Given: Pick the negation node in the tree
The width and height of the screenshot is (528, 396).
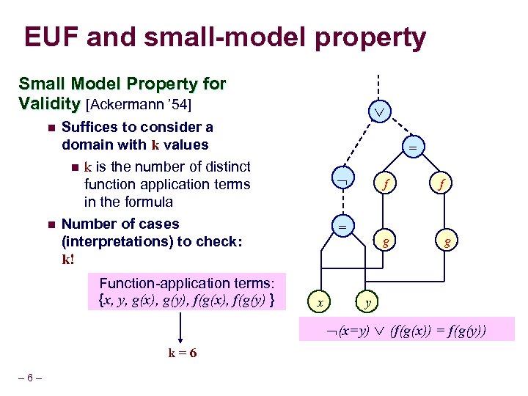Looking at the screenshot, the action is click(x=341, y=178).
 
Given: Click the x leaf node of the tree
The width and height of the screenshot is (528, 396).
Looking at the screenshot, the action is click(x=318, y=301).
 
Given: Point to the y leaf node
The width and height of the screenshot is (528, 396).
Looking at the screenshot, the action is click(x=368, y=301).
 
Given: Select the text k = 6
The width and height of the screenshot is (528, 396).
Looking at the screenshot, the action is click(x=183, y=353).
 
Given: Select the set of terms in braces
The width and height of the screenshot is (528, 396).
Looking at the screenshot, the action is click(x=186, y=299).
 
